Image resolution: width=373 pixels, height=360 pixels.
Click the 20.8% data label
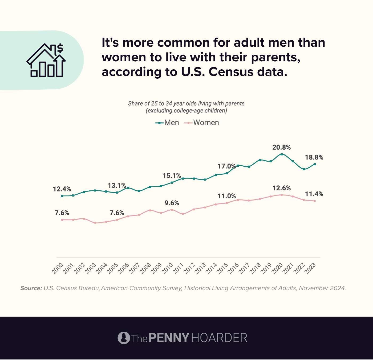(281, 147)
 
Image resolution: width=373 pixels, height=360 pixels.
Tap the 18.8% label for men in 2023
(314, 158)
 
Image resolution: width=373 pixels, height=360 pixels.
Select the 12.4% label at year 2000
(62, 189)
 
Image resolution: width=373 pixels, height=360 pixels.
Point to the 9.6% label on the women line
(172, 203)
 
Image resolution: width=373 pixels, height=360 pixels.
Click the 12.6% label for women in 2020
(282, 188)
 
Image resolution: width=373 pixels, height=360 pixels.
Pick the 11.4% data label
(314, 194)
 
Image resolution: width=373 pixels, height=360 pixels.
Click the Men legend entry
(167, 123)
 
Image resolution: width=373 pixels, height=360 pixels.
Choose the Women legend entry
(202, 123)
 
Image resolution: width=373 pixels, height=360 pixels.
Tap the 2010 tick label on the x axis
(168, 269)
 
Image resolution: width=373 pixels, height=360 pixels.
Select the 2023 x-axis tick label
(310, 269)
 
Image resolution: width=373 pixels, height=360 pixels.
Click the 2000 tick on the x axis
(58, 269)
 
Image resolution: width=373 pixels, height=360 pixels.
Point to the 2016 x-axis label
(233, 269)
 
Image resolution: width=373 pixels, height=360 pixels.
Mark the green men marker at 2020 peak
(282, 154)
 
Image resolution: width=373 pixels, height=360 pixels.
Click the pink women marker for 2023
(315, 201)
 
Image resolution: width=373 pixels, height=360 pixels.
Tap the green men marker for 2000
(62, 196)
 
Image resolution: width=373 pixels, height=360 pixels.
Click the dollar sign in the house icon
(60, 48)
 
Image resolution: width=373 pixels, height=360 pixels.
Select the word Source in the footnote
(31, 288)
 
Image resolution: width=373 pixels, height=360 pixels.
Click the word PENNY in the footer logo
(169, 338)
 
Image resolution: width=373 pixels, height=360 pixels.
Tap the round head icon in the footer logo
(124, 338)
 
